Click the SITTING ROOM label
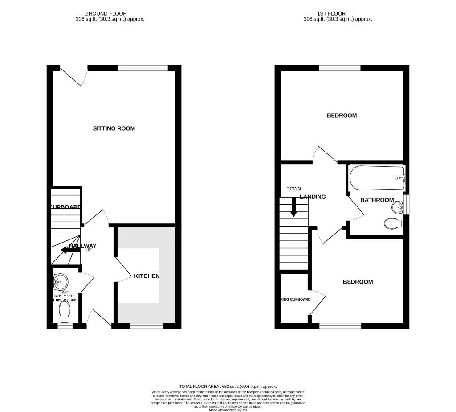[x=114, y=128]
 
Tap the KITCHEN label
[x=147, y=276]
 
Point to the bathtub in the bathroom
[x=377, y=178]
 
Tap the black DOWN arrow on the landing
[x=293, y=207]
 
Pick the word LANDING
[x=313, y=197]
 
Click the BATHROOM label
[x=377, y=200]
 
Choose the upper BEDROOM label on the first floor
[x=342, y=115]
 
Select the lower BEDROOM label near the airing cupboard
[x=358, y=282]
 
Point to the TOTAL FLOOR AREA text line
[x=228, y=387]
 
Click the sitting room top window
[x=142, y=68]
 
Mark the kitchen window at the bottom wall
[x=147, y=326]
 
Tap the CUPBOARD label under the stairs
[x=65, y=207]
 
